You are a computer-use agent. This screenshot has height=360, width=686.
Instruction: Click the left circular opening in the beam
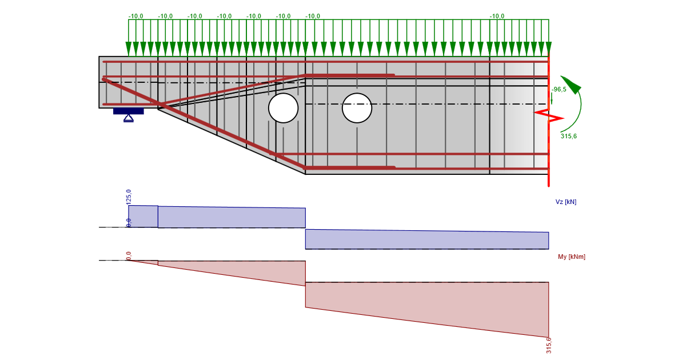pyautogui.click(x=283, y=108)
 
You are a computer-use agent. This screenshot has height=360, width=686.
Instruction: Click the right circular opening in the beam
pyautogui.click(x=357, y=108)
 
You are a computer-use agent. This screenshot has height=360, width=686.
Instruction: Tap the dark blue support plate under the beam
pyautogui.click(x=128, y=111)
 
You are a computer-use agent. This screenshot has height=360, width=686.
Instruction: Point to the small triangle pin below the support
pyautogui.click(x=129, y=118)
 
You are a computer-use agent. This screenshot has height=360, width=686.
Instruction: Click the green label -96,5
pyautogui.click(x=559, y=90)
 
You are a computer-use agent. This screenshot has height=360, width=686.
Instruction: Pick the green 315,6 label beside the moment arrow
pyautogui.click(x=569, y=137)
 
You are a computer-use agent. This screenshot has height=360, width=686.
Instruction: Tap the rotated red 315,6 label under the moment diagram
pyautogui.click(x=549, y=345)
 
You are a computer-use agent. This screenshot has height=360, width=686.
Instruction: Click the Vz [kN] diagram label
pyautogui.click(x=566, y=202)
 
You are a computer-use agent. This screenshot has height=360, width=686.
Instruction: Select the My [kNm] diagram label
pyautogui.click(x=572, y=257)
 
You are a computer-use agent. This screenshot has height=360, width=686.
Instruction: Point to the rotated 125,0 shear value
pyautogui.click(x=129, y=197)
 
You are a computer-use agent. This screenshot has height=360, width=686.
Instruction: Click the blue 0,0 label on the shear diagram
pyautogui.click(x=129, y=222)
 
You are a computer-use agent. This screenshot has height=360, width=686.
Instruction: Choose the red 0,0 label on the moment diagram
pyautogui.click(x=129, y=255)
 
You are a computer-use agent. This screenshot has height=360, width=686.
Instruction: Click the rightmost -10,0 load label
pyautogui.click(x=497, y=17)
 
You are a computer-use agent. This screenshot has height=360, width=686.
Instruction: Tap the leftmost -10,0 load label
pyautogui.click(x=135, y=17)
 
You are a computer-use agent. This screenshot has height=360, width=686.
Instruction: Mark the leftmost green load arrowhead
pyautogui.click(x=129, y=49)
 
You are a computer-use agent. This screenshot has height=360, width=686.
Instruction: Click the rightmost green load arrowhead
pyautogui.click(x=548, y=49)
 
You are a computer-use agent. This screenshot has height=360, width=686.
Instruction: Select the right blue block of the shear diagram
pyautogui.click(x=426, y=239)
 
